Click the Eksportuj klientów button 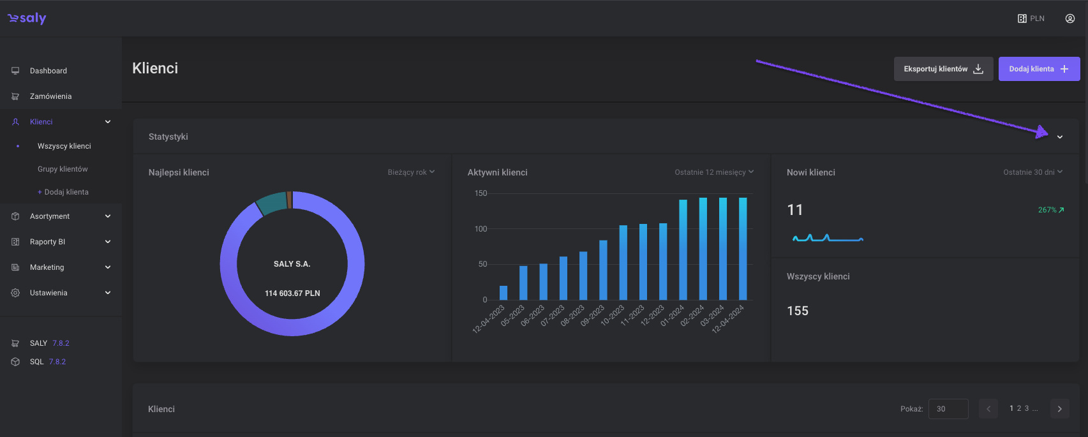(943, 69)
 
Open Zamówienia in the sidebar (50, 96)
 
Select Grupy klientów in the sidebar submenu (63, 169)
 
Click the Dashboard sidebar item (48, 71)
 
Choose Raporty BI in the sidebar (47, 242)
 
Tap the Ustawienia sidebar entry (48, 293)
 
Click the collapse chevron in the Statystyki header (1059, 137)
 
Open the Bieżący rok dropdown (411, 172)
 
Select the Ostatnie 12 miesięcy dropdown (714, 172)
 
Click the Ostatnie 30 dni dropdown (1032, 172)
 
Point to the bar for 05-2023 (523, 283)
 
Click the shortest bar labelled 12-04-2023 (503, 293)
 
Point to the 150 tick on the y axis (481, 193)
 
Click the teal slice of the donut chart (272, 203)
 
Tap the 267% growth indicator (1050, 210)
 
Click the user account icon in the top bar (1070, 19)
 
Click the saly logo (27, 19)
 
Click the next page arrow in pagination (1059, 409)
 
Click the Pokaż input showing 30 (948, 409)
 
